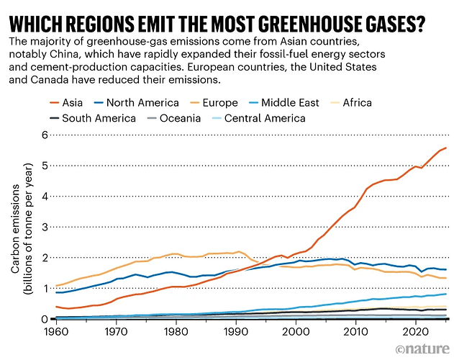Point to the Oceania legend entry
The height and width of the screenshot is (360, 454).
pos(180,117)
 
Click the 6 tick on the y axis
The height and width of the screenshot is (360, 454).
pos(45,135)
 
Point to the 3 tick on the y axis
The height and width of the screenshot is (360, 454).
pos(45,227)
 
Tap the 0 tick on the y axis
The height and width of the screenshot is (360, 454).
pos(45,319)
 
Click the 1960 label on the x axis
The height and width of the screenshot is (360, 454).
pos(56,333)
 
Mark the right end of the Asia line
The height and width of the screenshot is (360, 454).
pos(445,148)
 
